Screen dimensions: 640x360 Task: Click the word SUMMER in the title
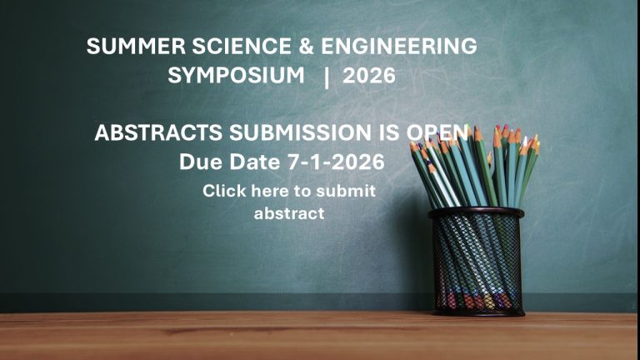click(136, 46)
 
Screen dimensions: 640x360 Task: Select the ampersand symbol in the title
click(306, 46)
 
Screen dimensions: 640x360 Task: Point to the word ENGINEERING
click(399, 46)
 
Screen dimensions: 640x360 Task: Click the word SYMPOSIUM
click(236, 76)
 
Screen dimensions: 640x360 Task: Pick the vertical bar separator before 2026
click(326, 77)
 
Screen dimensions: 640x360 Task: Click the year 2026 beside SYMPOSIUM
click(369, 76)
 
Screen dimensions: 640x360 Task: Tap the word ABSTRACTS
click(158, 132)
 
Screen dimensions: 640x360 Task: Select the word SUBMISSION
click(300, 132)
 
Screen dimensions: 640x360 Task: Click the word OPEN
click(437, 132)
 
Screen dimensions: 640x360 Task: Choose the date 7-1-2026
click(336, 162)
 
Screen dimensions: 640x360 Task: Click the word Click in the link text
click(224, 191)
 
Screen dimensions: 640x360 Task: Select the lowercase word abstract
click(289, 213)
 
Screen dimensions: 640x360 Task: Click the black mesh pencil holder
click(477, 262)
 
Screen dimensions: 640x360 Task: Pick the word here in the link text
click(271, 191)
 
